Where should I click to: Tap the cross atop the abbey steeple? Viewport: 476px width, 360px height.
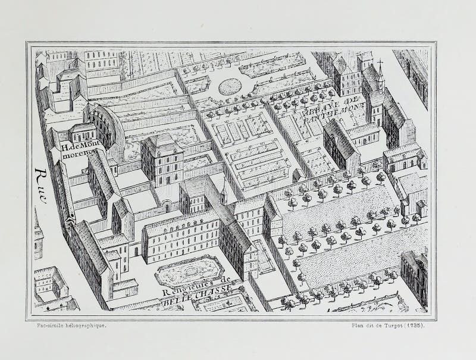click(379, 62)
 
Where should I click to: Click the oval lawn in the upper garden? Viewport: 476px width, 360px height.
click(230, 87)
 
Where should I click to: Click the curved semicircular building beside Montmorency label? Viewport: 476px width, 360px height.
click(110, 125)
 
